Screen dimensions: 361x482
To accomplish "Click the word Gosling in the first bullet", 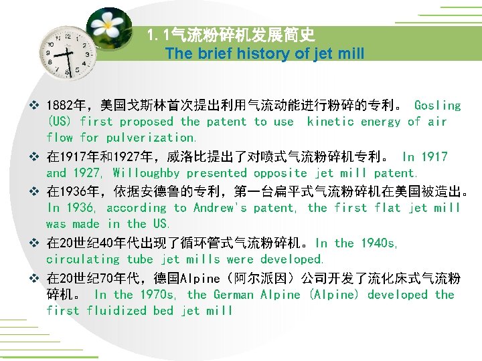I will pyautogui.click(x=437, y=106).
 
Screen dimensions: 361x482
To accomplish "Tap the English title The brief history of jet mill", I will pyautogui.click(x=264, y=53).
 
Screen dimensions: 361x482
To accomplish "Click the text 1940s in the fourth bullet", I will pyautogui.click(x=378, y=243).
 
